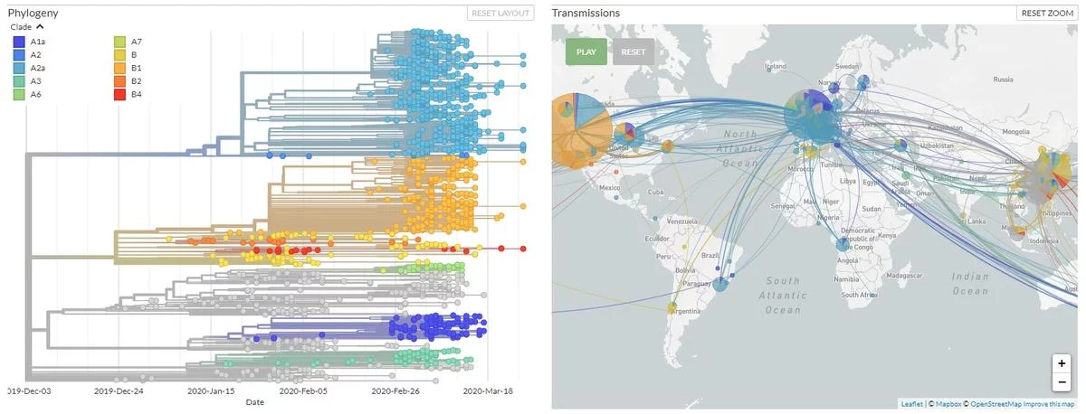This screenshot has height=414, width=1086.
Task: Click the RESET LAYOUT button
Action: pyautogui.click(x=500, y=13)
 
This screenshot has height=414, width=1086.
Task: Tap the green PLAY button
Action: pyautogui.click(x=586, y=52)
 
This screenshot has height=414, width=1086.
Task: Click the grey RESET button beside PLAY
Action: pyautogui.click(x=633, y=52)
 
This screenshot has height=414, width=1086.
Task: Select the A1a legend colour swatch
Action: pyautogui.click(x=18, y=42)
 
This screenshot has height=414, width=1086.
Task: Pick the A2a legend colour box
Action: pyautogui.click(x=18, y=68)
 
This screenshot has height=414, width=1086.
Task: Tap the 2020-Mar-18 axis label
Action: pyautogui.click(x=489, y=391)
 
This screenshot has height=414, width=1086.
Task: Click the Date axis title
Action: pyautogui.click(x=255, y=402)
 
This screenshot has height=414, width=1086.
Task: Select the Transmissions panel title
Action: pyautogui.click(x=586, y=13)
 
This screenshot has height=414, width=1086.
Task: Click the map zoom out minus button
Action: pyautogui.click(x=1062, y=381)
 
